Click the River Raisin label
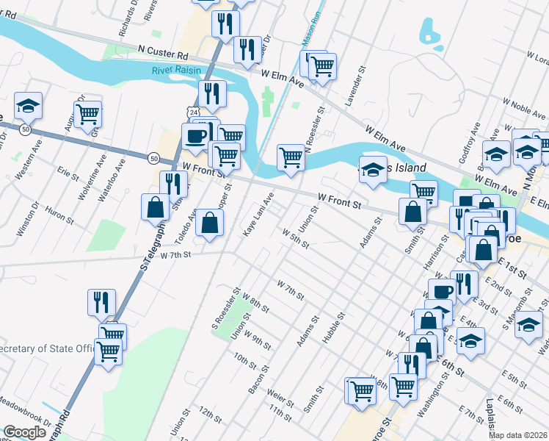coord(175,71)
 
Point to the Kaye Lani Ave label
coord(258,214)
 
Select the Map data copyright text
coord(518,435)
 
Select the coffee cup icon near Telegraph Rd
coord(196,136)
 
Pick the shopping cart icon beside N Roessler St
coord(291,157)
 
